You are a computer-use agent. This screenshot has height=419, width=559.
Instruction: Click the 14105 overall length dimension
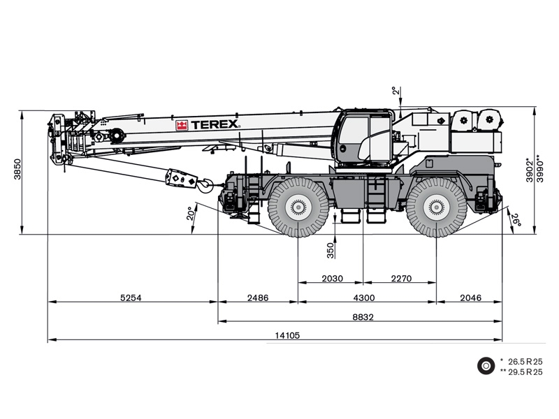pos(287,335)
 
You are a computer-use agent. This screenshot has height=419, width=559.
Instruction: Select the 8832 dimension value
pos(363,317)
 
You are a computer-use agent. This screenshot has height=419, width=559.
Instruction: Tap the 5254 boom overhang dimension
pos(131,297)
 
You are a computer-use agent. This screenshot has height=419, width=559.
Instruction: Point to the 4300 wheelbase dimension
pos(363,297)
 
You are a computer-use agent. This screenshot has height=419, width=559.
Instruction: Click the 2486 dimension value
pos(258,297)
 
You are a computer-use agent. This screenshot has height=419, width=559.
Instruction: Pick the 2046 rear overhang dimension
pos(470,297)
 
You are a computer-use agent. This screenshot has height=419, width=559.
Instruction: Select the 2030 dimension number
pos(333,278)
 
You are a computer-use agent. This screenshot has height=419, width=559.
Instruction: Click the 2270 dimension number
pos(401,278)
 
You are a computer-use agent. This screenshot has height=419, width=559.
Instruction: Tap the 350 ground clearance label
pos(331,251)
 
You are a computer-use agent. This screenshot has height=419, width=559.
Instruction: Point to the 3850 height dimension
pos(17,169)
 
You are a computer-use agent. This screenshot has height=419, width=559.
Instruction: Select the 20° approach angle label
pos(191,213)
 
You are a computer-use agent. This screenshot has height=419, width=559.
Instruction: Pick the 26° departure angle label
pos(516,221)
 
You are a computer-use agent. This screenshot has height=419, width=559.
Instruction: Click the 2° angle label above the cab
pos(394,91)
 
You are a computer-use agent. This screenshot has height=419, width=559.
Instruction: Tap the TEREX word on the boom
pos(215,124)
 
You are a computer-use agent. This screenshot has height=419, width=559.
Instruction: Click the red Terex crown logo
pos(182,126)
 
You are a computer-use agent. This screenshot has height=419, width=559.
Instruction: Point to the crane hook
pos(206,185)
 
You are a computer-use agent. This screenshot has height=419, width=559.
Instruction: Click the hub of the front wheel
pos(298,207)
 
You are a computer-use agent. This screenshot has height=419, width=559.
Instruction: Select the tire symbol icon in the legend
pos(486,366)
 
